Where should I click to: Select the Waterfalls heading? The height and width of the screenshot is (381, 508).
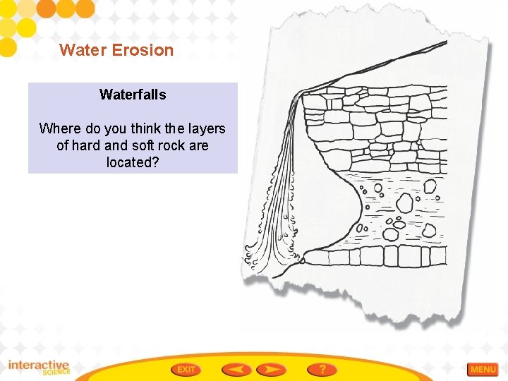click(133, 95)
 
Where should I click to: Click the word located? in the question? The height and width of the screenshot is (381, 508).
click(133, 162)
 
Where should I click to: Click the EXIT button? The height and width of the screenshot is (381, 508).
click(186, 369)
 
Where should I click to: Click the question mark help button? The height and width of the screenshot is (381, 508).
click(322, 369)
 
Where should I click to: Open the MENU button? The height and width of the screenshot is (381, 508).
click(483, 369)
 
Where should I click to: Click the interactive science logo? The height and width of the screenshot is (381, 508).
click(40, 368)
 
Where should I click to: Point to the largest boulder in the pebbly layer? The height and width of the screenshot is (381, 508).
click(404, 203)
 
